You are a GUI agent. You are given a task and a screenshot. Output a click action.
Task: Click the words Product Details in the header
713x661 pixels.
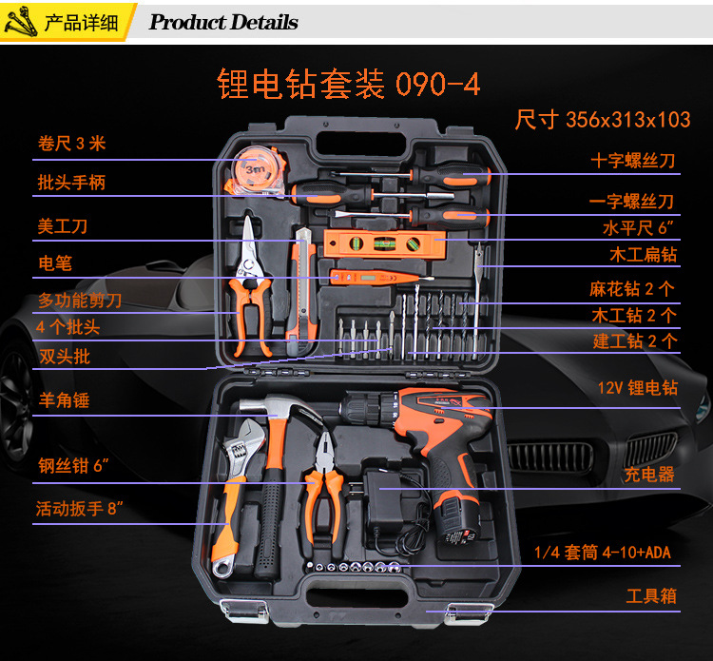click(223, 22)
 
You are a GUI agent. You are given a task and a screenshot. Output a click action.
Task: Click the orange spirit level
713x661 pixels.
click(384, 243)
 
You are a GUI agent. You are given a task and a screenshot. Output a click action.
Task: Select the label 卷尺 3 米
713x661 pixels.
click(72, 144)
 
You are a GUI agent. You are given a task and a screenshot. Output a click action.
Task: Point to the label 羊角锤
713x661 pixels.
click(64, 400)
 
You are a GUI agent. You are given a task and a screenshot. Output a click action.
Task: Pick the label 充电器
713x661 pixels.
click(649, 475)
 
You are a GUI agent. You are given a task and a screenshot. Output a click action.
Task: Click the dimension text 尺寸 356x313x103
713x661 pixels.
click(603, 120)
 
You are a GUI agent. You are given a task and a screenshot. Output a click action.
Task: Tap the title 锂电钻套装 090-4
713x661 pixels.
click(348, 84)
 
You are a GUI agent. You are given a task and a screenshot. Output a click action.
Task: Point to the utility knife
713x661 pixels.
click(301, 291)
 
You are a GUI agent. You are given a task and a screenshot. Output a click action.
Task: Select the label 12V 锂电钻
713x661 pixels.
click(638, 388)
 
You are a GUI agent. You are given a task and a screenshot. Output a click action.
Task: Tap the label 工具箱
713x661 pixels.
click(651, 596)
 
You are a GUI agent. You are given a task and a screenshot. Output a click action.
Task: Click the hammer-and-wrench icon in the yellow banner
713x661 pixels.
click(21, 21)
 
